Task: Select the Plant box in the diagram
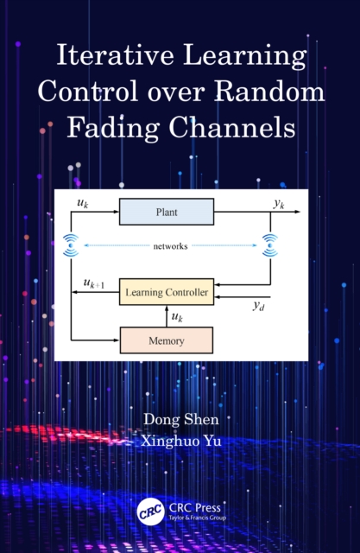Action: [x=166, y=212]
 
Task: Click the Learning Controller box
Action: [x=166, y=293]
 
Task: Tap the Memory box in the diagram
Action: [x=166, y=340]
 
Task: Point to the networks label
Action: [x=170, y=246]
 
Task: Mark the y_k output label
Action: [x=279, y=204]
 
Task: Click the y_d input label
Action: [x=257, y=306]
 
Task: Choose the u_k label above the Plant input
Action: [x=82, y=204]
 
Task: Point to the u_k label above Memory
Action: [x=177, y=317]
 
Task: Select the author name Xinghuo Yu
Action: [x=180, y=440]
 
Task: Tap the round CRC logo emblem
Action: [x=151, y=512]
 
